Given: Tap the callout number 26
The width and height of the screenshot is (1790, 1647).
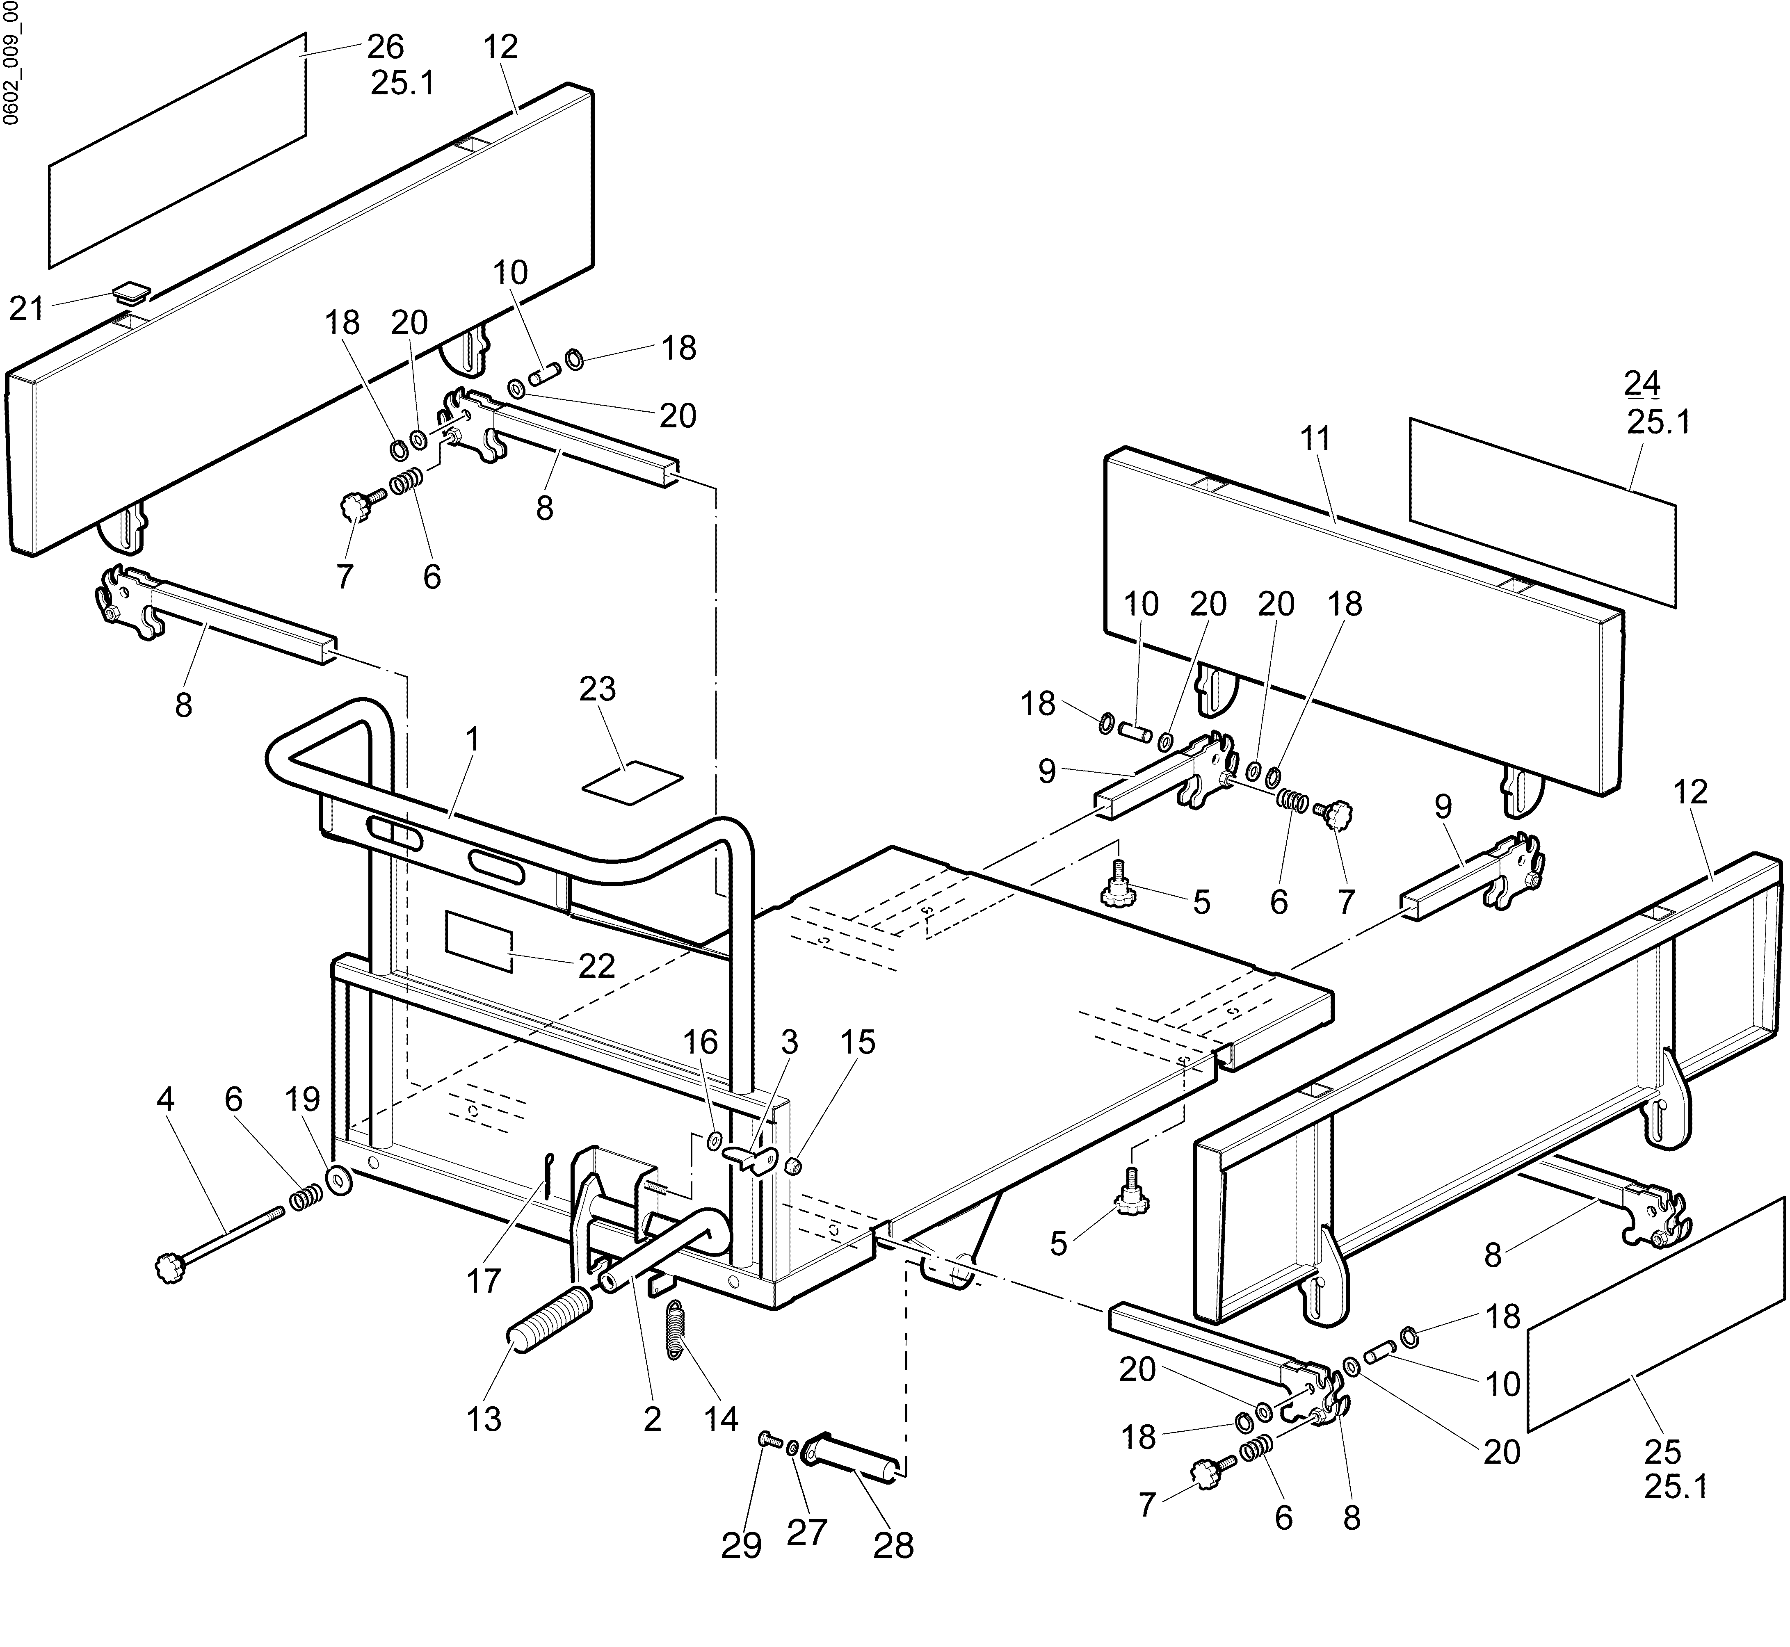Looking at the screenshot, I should tap(385, 46).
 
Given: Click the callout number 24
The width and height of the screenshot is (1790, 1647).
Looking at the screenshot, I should tap(1641, 382).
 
